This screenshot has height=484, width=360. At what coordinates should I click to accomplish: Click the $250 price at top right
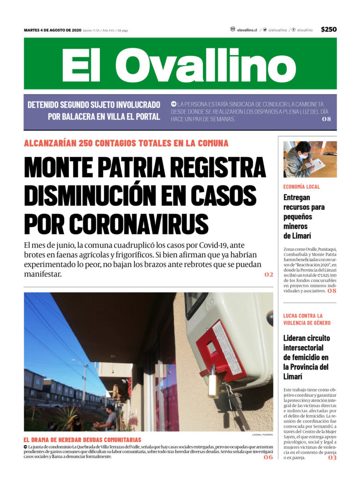(x=329, y=30)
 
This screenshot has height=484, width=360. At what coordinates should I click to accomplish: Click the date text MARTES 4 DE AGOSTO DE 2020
(x=52, y=30)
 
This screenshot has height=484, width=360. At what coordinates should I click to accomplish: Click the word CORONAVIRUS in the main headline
(x=116, y=224)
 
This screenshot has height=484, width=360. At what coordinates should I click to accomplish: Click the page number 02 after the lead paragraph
(x=268, y=275)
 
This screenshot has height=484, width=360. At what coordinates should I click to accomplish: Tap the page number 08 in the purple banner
(x=326, y=119)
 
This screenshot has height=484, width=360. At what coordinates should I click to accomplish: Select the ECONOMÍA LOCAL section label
(x=301, y=186)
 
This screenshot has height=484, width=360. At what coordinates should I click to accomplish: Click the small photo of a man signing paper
(x=309, y=159)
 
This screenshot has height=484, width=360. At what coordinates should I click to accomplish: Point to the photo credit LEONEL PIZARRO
(x=262, y=435)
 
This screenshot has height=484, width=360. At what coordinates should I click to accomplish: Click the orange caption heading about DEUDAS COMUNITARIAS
(x=82, y=440)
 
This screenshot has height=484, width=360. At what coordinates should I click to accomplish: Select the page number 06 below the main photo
(x=268, y=457)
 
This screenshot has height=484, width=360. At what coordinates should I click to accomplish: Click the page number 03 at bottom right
(x=332, y=458)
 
